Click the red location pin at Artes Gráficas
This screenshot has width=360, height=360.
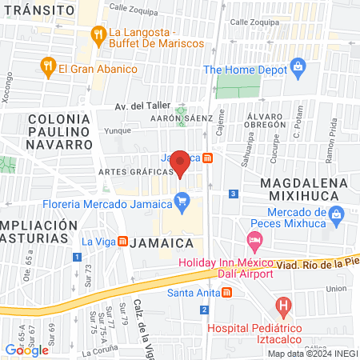[x=180, y=162]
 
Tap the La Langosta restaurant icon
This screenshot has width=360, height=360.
[x=98, y=34]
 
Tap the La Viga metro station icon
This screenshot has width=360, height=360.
[x=122, y=240]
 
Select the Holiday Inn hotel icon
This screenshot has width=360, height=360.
[x=254, y=240]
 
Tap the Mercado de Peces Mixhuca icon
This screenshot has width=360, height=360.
[x=336, y=214]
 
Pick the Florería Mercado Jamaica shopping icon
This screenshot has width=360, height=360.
[x=183, y=200]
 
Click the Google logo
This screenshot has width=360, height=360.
[x=26, y=350]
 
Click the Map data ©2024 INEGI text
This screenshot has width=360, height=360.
[x=312, y=354]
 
